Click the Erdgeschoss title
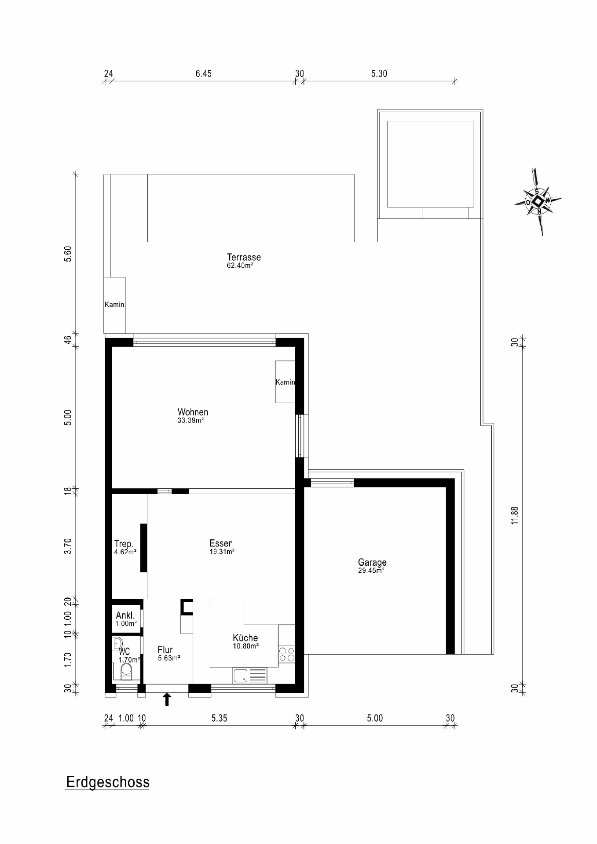108,782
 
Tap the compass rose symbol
538,202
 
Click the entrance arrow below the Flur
167,699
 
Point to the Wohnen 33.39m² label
193,415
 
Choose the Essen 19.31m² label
221,547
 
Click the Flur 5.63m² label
166,653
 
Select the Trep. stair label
125,547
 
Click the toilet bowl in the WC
126,670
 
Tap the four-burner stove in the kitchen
287,654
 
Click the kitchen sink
241,675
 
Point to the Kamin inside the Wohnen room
285,382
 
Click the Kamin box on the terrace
114,305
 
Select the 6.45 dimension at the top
203,74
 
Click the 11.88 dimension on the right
515,515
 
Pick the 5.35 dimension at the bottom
219,718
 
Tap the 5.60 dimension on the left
67,254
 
